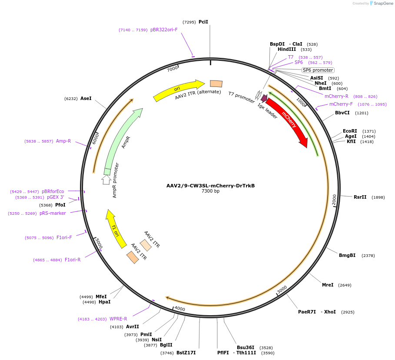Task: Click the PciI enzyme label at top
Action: (x=203, y=22)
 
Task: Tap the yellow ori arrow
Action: (x=178, y=90)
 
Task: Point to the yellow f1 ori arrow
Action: (x=115, y=228)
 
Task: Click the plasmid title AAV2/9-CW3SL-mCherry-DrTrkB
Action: (x=210, y=186)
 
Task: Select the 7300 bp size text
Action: (x=210, y=191)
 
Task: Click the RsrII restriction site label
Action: (x=360, y=197)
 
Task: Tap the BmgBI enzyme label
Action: (x=347, y=255)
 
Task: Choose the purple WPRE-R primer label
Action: (x=118, y=319)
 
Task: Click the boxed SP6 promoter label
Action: (x=318, y=70)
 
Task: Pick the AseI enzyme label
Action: (x=86, y=99)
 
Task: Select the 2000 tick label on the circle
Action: (x=334, y=200)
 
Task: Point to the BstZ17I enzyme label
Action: (x=186, y=353)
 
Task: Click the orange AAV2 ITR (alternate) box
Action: (x=216, y=83)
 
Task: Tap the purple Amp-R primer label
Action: (x=63, y=141)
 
